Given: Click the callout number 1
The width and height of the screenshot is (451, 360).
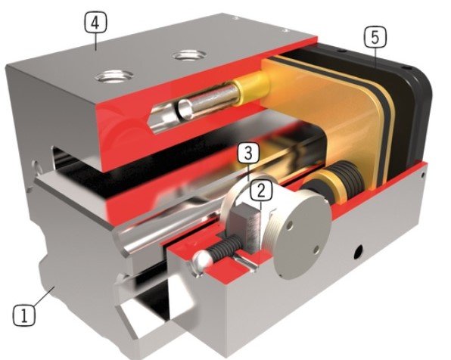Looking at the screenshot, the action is click(24, 315).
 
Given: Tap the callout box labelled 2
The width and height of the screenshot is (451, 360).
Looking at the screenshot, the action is click(261, 191).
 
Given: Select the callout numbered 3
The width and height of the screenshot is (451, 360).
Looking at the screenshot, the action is click(248, 154).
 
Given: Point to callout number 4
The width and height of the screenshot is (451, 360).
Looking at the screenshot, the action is click(95, 23).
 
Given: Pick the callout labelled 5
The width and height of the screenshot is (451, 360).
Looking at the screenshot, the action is click(375, 37).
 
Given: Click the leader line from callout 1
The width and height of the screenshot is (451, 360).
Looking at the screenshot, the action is click(44, 296).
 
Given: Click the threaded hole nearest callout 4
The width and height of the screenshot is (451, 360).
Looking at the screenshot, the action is click(115, 76).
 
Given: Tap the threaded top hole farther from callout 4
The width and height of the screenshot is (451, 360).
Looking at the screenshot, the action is click(189, 55).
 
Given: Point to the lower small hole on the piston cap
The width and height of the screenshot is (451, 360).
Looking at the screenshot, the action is click(316, 250).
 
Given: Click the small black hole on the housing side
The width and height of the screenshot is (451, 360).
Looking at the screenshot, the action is click(358, 253).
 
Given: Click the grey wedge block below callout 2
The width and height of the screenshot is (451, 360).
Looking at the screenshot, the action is click(246, 223).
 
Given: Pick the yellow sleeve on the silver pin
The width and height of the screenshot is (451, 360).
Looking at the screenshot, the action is click(250, 88).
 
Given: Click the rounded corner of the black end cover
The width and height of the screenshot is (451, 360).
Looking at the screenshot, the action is click(422, 78).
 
